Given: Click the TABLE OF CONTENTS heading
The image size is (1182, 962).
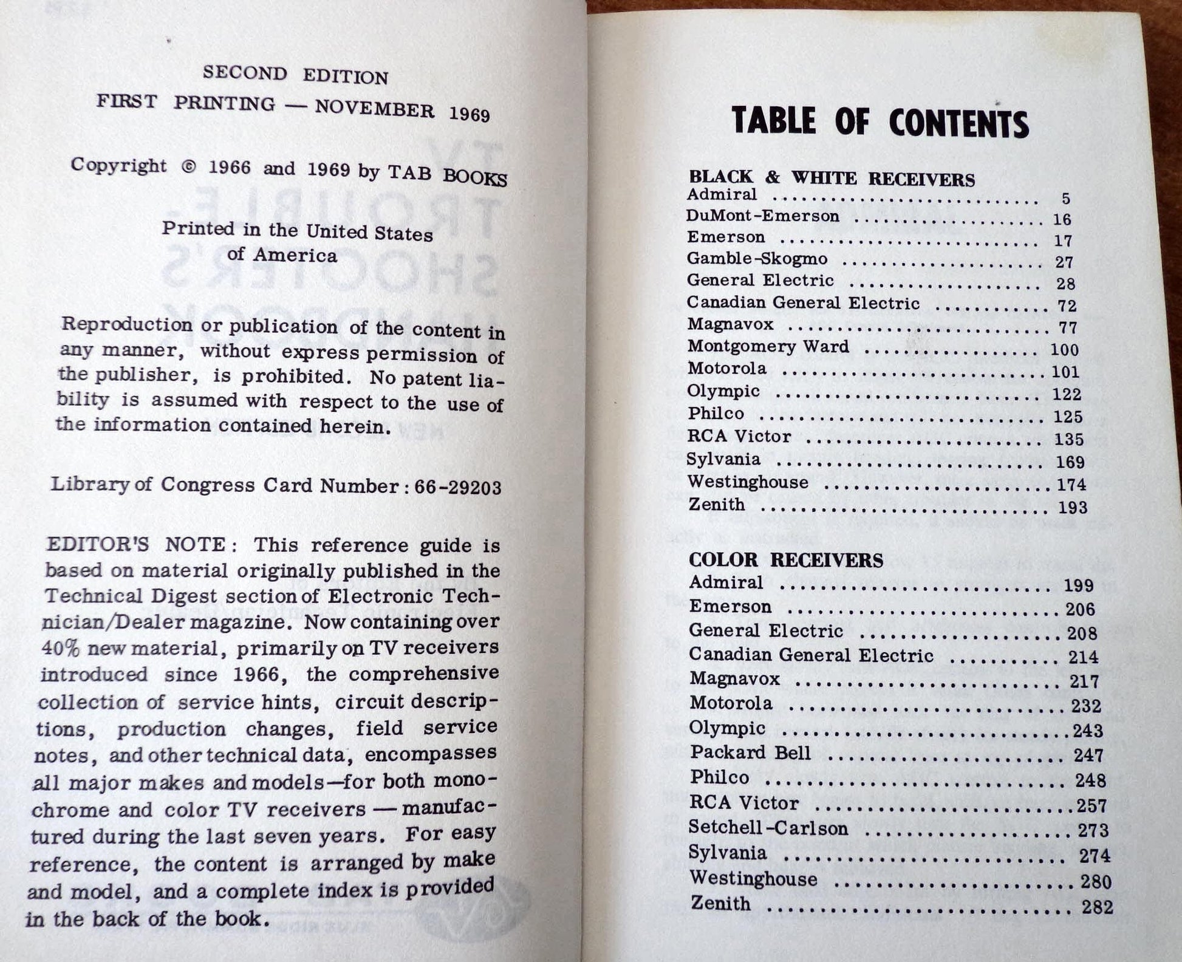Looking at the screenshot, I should click(880, 121).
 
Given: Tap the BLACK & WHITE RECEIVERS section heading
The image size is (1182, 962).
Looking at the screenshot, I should click(831, 178).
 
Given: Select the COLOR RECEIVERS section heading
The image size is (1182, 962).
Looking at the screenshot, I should click(785, 559).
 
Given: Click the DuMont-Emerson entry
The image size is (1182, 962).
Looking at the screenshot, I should click(762, 216).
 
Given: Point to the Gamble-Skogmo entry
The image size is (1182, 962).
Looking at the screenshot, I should click(757, 259).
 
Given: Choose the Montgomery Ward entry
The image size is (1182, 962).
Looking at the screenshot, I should click(768, 346).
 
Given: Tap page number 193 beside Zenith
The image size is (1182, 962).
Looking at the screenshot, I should click(1072, 507).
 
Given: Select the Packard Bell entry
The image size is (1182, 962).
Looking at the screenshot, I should click(750, 752).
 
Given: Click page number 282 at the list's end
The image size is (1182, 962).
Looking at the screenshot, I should click(1097, 907).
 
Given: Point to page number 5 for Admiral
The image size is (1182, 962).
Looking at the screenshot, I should click(1066, 199).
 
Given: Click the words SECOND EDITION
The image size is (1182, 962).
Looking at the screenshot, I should click(295, 75).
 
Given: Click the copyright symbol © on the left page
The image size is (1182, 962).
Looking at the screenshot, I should click(189, 167).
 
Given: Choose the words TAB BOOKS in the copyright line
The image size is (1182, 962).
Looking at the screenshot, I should click(447, 175).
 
